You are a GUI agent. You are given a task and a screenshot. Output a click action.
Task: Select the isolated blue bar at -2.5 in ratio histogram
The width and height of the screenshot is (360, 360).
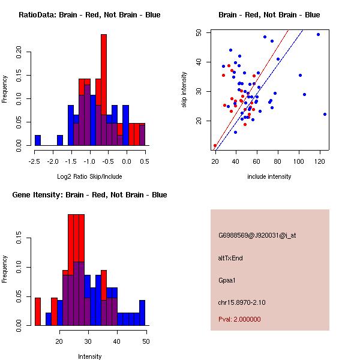click(38, 140)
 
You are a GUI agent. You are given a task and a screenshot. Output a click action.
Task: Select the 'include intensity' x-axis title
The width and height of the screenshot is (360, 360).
click(269, 177)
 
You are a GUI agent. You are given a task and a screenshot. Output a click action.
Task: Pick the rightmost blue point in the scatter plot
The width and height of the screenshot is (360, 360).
click(325, 114)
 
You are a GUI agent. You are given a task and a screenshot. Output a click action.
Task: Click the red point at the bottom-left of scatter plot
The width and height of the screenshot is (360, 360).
click(215, 145)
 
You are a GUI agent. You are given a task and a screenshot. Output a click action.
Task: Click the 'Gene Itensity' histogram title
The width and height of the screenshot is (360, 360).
click(89, 195)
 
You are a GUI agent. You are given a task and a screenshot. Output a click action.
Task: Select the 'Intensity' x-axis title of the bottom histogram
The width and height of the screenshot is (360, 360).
click(89, 356)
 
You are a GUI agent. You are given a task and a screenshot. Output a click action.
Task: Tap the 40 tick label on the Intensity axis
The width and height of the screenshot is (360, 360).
click(117, 341)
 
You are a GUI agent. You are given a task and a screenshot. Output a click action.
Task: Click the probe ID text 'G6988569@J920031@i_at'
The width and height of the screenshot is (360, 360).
click(257, 235)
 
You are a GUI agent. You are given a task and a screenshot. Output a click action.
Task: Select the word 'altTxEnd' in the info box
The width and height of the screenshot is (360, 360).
click(230, 258)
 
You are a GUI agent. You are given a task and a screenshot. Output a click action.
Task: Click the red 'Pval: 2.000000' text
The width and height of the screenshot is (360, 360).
click(239, 319)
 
